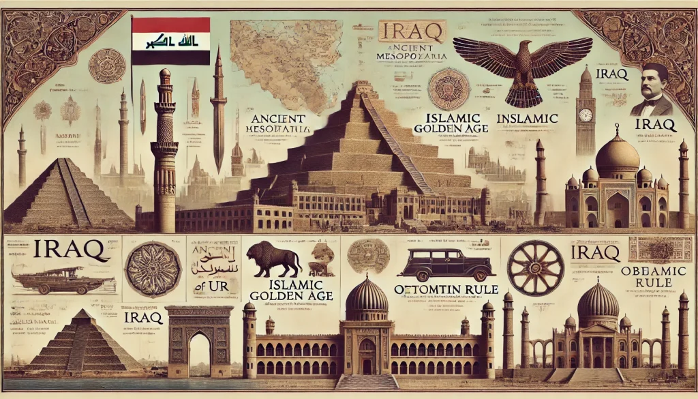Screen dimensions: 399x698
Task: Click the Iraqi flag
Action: tap(170, 41)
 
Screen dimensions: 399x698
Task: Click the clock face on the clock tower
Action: tap(584, 115)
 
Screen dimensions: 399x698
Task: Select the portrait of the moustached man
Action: tap(653, 90)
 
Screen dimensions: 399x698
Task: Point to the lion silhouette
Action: tap(274, 259)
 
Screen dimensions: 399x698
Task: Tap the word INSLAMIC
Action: tap(528, 119)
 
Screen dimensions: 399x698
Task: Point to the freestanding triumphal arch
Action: tap(200, 340)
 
